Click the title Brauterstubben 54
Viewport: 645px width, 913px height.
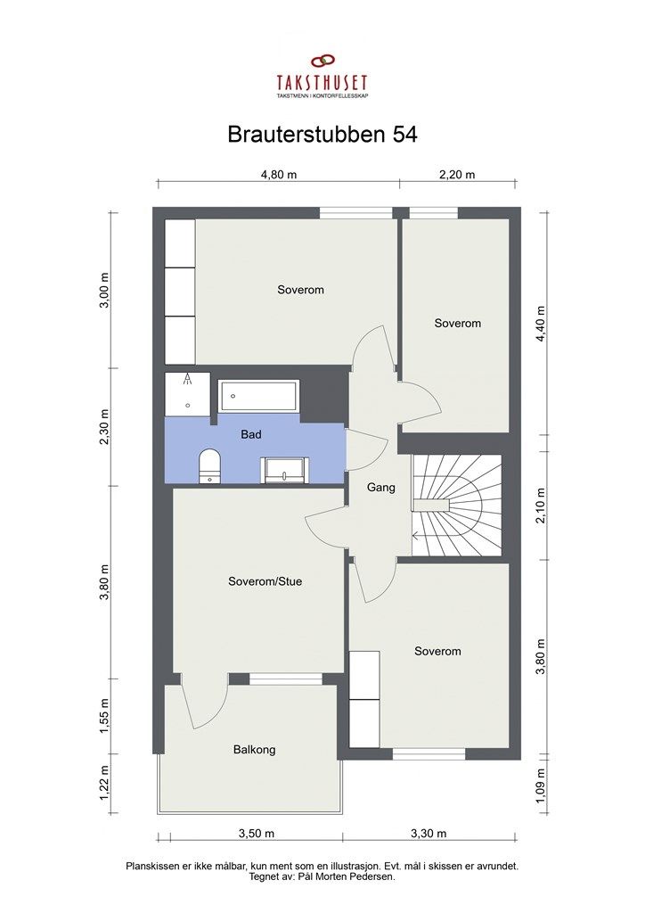[x=322, y=135]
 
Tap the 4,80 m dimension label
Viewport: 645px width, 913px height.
[x=278, y=175]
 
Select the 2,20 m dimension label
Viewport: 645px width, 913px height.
[x=457, y=175]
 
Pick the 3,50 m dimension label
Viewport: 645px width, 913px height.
[x=256, y=834]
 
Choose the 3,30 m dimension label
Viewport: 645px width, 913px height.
[x=429, y=834]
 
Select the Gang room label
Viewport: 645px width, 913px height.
[x=380, y=488]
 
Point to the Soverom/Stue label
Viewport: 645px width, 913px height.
[x=265, y=582]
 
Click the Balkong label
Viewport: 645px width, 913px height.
[x=254, y=750]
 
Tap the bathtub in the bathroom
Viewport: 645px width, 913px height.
[x=259, y=395]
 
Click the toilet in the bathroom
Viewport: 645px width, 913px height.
[x=209, y=465]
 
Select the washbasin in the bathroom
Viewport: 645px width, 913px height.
[x=283, y=469]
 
